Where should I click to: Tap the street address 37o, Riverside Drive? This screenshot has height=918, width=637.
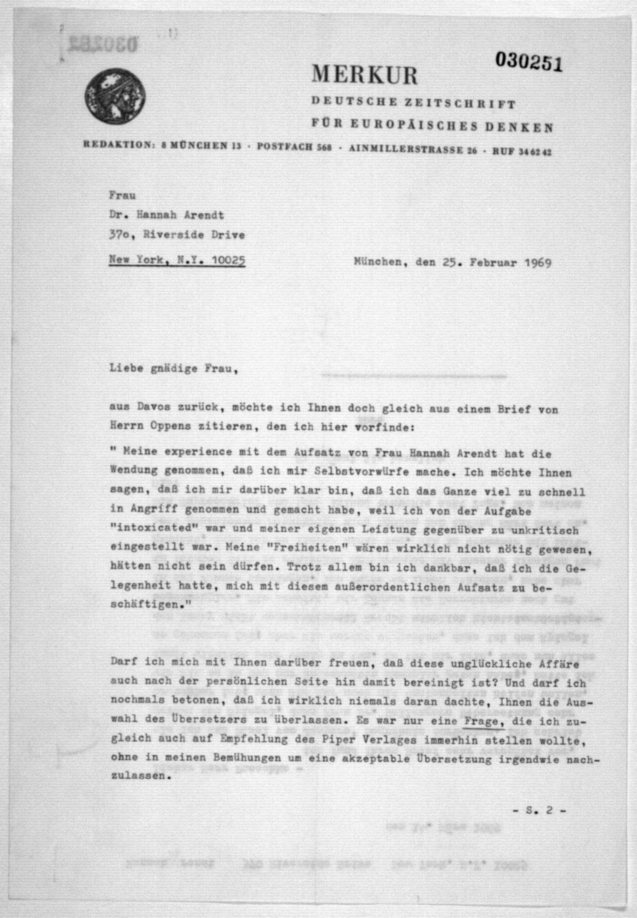[x=177, y=235]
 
